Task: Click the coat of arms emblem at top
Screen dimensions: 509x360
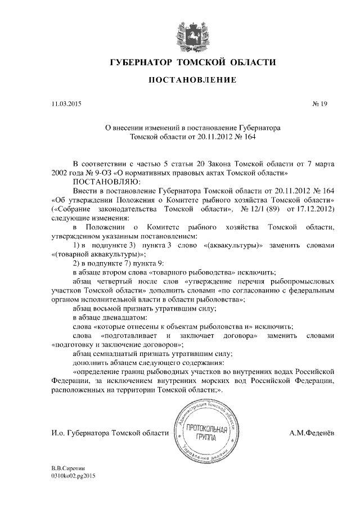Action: click(x=193, y=33)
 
